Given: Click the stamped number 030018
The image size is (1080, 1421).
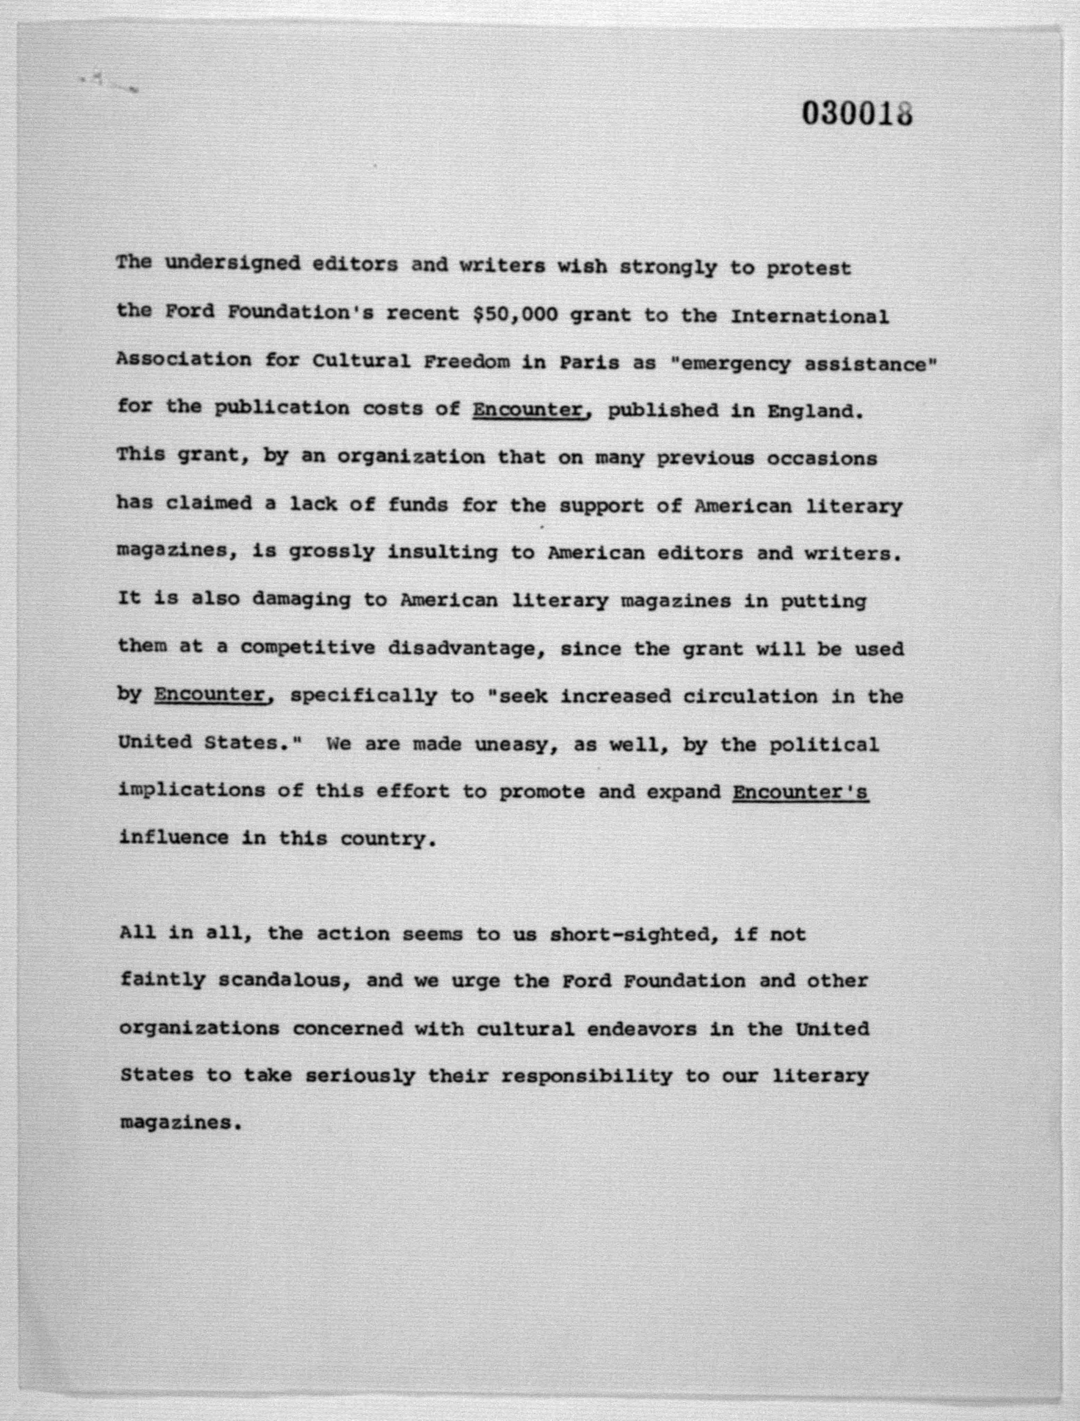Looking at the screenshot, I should pyautogui.click(x=857, y=114).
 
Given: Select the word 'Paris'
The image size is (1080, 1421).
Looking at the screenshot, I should pyautogui.click(x=589, y=362).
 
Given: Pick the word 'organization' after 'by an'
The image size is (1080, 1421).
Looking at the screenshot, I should pyautogui.click(x=411, y=457).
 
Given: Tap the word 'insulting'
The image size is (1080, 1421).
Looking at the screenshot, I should pyautogui.click(x=442, y=553).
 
